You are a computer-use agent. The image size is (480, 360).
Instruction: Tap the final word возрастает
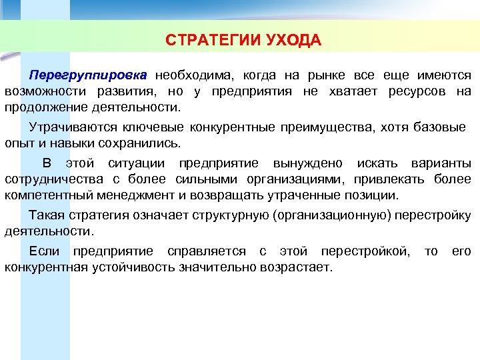tap(299, 267)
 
